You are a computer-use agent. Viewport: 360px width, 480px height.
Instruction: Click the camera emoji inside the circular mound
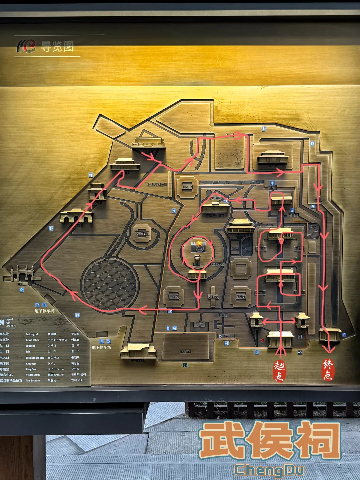(198, 247)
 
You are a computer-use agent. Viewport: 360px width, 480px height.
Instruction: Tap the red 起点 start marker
(279, 371)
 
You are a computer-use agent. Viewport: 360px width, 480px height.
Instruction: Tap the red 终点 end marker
(328, 370)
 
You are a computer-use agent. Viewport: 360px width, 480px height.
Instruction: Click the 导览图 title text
(57, 47)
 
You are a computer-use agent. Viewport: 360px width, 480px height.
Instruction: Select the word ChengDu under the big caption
(269, 470)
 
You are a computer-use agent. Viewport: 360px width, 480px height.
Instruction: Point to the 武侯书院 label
(142, 233)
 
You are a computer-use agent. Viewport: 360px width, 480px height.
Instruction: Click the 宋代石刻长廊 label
(158, 184)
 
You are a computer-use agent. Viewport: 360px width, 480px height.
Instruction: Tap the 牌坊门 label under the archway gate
(22, 284)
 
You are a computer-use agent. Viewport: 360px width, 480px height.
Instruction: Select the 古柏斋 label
(213, 296)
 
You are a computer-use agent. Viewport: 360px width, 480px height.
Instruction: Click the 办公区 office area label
(185, 351)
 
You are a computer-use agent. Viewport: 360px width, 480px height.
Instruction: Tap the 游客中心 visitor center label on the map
(228, 336)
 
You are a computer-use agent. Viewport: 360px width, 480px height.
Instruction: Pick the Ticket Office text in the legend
(32, 340)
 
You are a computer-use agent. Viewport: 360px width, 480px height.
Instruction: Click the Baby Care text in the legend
(31, 369)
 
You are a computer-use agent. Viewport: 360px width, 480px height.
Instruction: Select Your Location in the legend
(33, 380)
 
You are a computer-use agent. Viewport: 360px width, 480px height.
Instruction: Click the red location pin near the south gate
(263, 340)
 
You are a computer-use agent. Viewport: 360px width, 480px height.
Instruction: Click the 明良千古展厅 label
(215, 215)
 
